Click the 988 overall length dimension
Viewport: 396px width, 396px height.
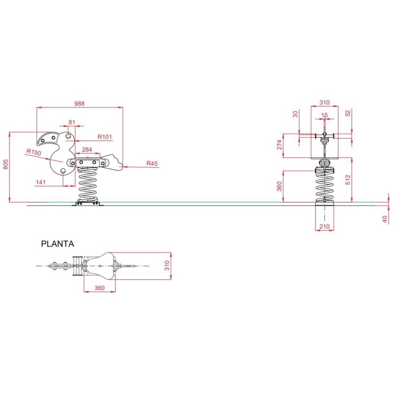pyautogui.click(x=79, y=103)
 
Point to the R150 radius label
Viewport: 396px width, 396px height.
pyautogui.click(x=34, y=152)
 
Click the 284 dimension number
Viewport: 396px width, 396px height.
pyautogui.click(x=87, y=149)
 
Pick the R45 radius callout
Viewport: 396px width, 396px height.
pyautogui.click(x=152, y=163)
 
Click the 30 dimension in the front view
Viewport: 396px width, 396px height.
pyautogui.click(x=296, y=114)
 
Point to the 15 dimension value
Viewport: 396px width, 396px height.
pyautogui.click(x=324, y=115)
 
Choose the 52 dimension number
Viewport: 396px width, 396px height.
pyautogui.click(x=348, y=112)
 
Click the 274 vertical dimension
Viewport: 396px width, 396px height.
pyautogui.click(x=279, y=145)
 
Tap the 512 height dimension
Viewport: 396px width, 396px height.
pyautogui.click(x=348, y=179)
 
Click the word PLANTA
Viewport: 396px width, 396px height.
pyautogui.click(x=58, y=244)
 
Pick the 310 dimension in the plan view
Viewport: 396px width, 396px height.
pyautogui.click(x=167, y=266)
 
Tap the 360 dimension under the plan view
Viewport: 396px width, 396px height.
pyautogui.click(x=99, y=288)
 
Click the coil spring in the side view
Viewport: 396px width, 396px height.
pyautogui.click(x=89, y=185)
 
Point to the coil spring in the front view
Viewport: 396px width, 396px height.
pyautogui.click(x=324, y=185)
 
